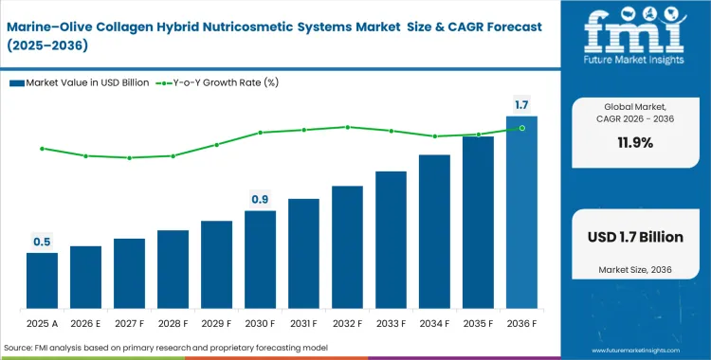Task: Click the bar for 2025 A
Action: click(42, 281)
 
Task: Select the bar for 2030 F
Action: click(260, 261)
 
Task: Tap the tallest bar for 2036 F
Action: click(521, 213)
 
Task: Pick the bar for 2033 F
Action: click(391, 241)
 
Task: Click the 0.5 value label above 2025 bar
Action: click(42, 243)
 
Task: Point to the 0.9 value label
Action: click(260, 199)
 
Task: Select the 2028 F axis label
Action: click(173, 322)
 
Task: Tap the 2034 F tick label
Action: click(434, 322)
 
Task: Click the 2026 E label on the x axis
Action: click(85, 322)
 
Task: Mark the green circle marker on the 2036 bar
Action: click(521, 128)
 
